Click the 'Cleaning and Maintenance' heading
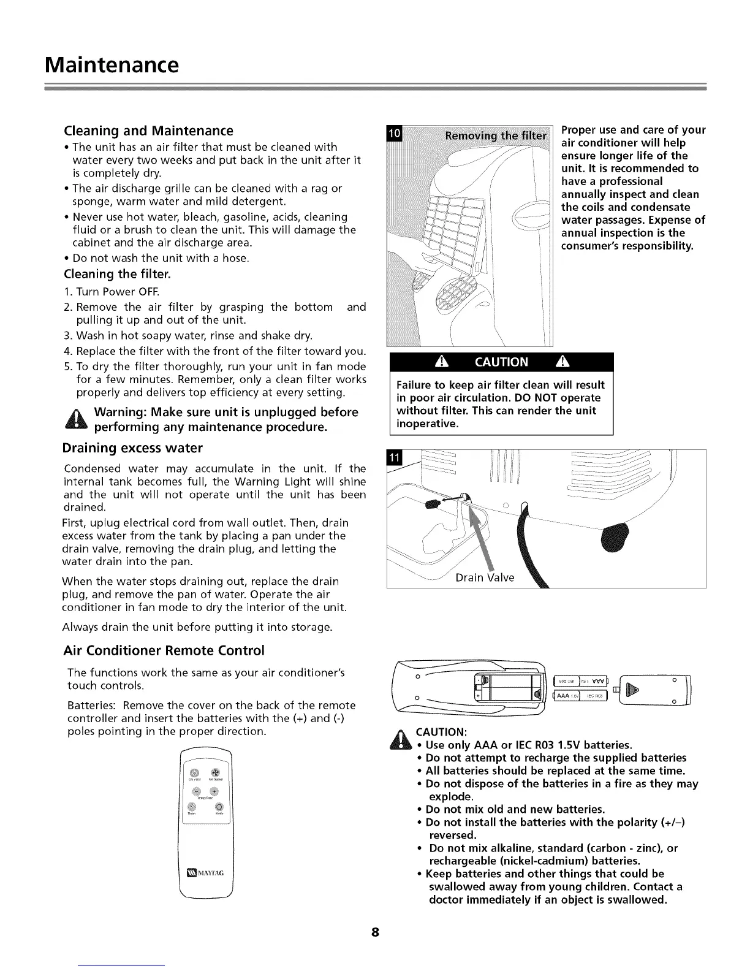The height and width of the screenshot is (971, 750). [149, 131]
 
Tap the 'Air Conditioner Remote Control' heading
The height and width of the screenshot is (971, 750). [164, 650]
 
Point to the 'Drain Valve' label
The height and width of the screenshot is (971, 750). [485, 578]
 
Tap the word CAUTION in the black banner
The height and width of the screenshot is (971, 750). [501, 362]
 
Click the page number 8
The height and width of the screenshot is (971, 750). [375, 933]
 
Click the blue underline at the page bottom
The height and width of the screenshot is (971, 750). [122, 965]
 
